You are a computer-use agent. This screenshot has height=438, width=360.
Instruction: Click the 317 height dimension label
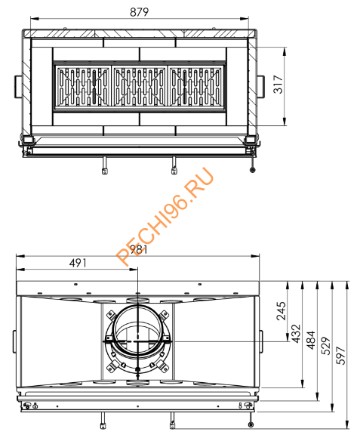click(x=278, y=85)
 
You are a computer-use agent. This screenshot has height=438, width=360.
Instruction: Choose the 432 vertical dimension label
click(x=297, y=333)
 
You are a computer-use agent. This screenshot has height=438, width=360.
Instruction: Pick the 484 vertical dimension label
click(x=311, y=344)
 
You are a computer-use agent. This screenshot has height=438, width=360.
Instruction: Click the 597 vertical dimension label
click(x=340, y=355)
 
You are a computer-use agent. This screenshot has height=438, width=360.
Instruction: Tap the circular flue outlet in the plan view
click(x=138, y=338)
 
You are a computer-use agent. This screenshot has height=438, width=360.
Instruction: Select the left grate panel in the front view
click(x=82, y=89)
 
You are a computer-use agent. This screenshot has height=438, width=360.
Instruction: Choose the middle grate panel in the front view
click(x=139, y=89)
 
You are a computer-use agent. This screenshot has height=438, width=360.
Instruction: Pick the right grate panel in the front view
click(x=195, y=89)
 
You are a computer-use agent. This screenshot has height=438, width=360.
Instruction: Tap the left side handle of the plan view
click(x=16, y=341)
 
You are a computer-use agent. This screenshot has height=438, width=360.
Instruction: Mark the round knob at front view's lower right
click(x=252, y=168)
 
